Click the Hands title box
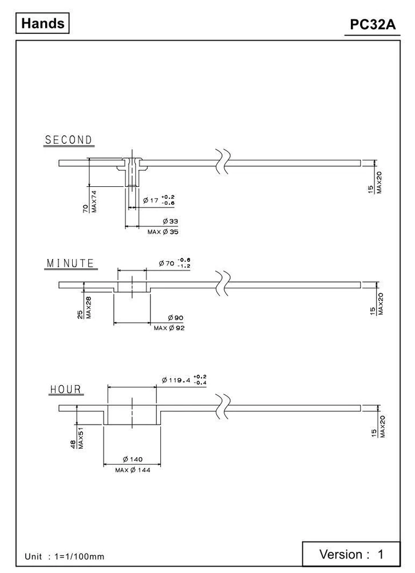coord(43,24)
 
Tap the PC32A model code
coord(372,26)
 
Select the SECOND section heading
coord(69,140)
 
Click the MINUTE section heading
coord(70,264)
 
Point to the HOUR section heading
coord(66,390)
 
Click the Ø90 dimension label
coord(175,317)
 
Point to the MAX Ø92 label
coord(169,328)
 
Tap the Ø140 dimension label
coord(132,459)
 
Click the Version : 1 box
coord(351,554)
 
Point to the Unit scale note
coord(64,556)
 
